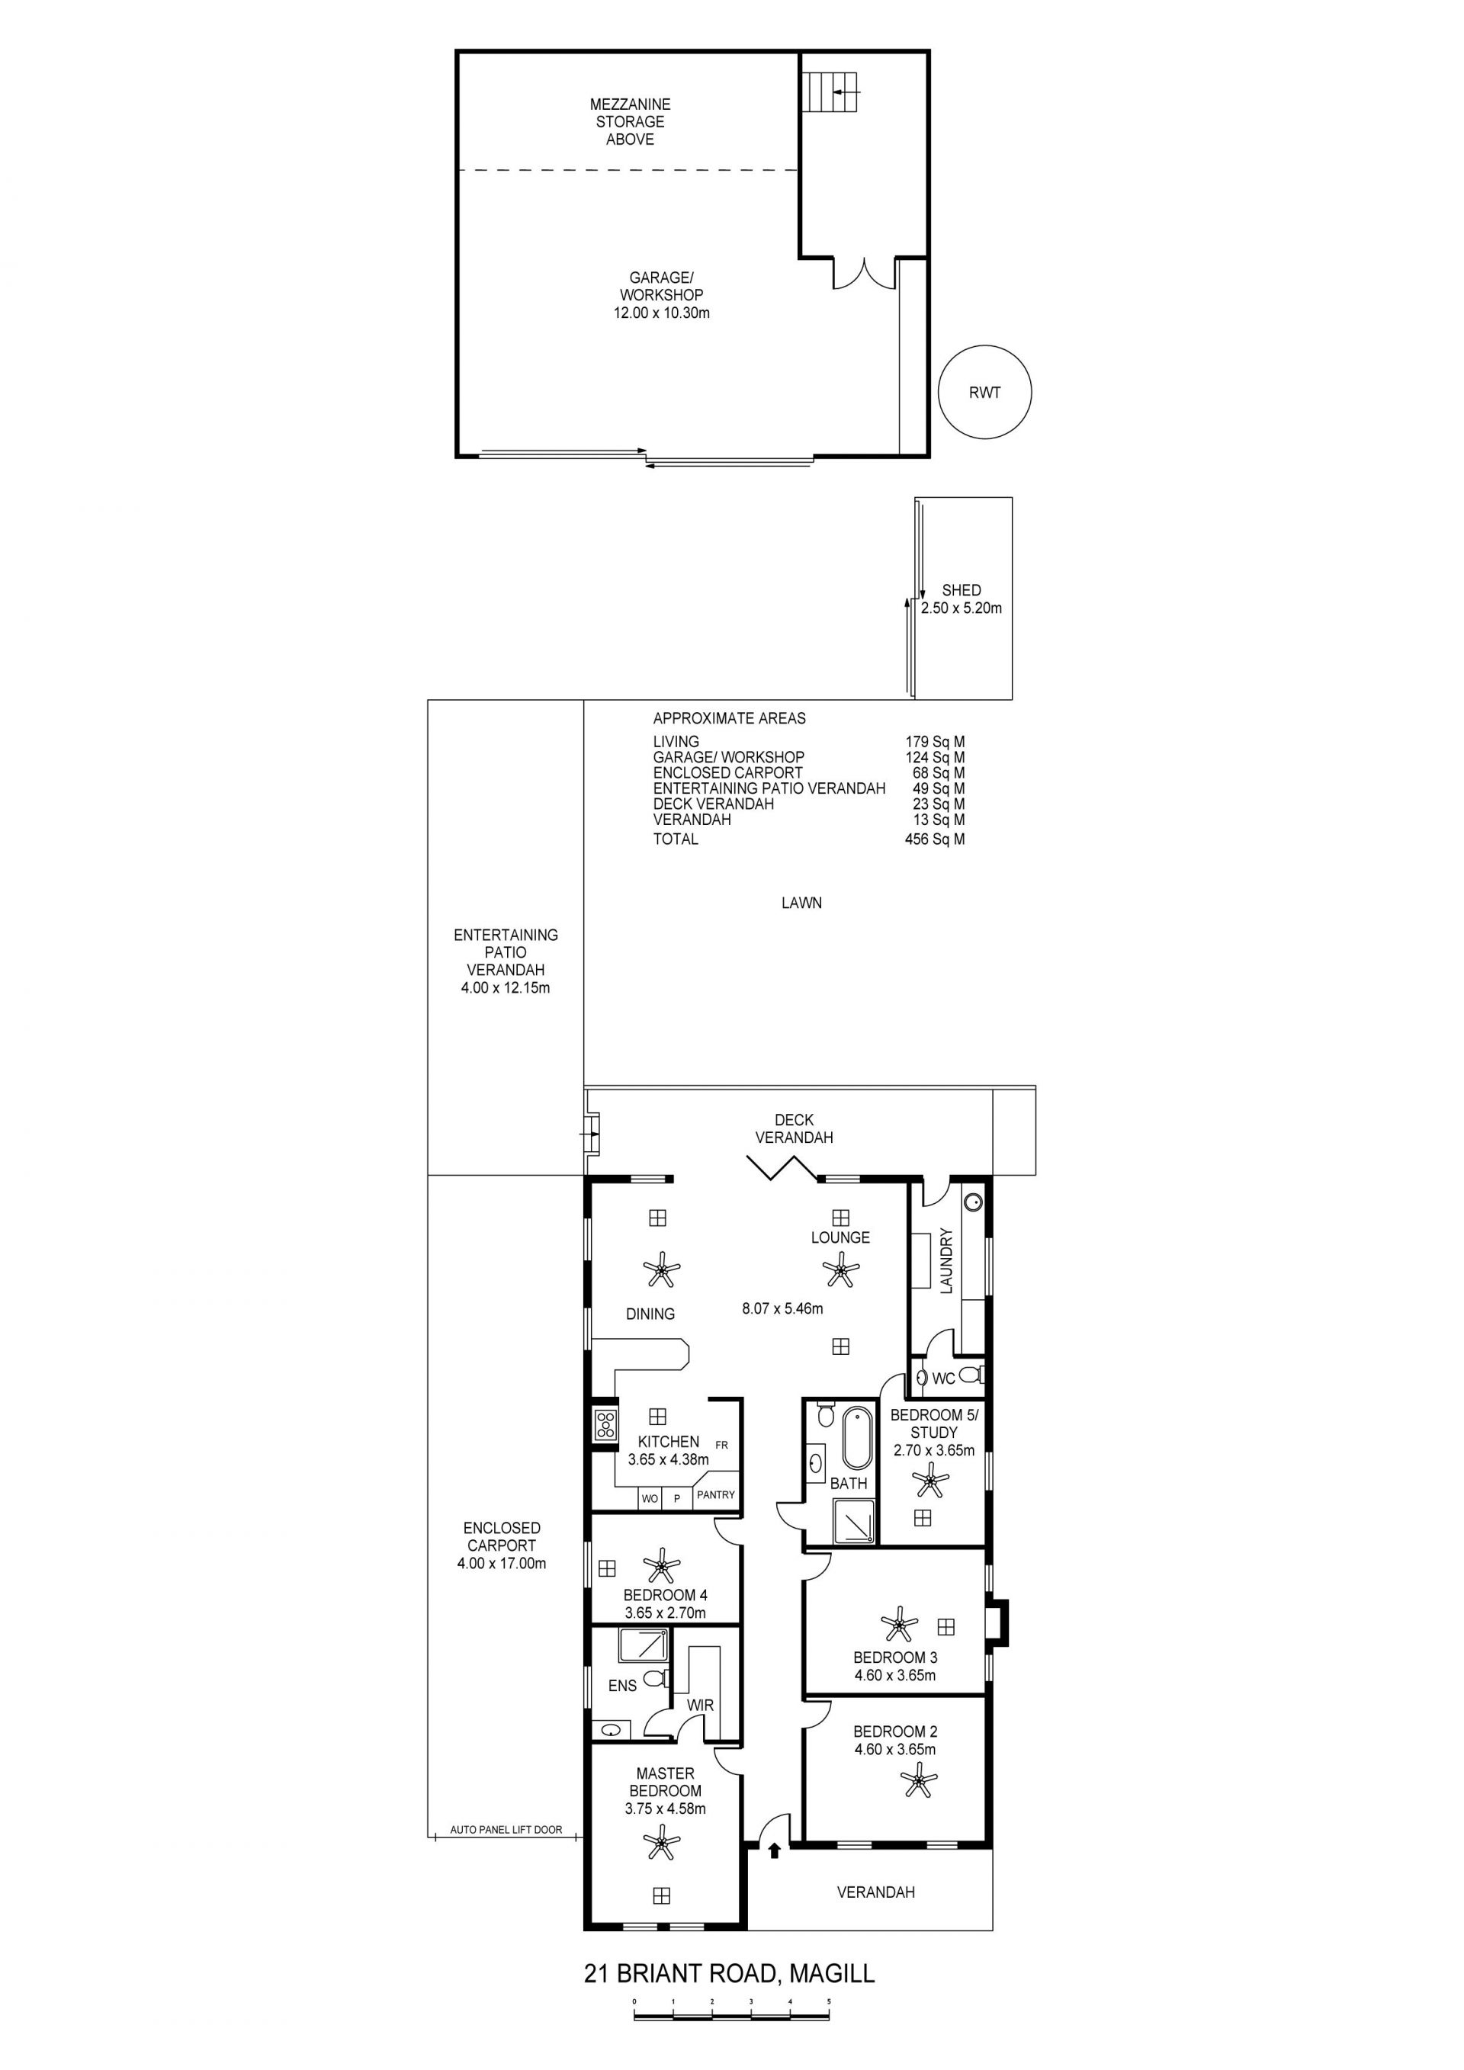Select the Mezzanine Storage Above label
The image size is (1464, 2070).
630,122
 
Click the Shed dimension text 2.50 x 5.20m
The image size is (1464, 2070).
961,608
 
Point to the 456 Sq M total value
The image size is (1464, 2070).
935,839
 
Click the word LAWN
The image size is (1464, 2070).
801,903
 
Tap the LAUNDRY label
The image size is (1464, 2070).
945,1260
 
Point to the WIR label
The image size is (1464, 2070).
701,1705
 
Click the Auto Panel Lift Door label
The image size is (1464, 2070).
506,1830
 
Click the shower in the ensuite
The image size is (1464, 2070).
644,1645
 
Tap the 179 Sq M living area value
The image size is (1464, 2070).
935,742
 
